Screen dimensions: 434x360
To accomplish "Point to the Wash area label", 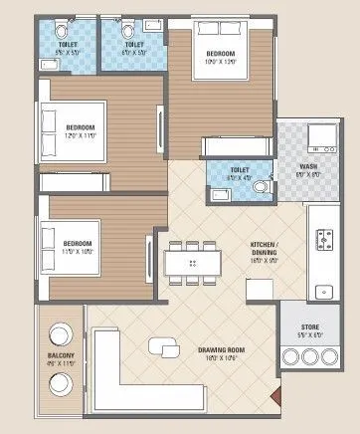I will (309, 169).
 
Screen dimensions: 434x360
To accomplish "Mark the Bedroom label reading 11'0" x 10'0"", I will (80, 247).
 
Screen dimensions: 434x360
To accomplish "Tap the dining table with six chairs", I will (192, 262).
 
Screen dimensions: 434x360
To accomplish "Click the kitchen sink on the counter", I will (323, 292).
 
